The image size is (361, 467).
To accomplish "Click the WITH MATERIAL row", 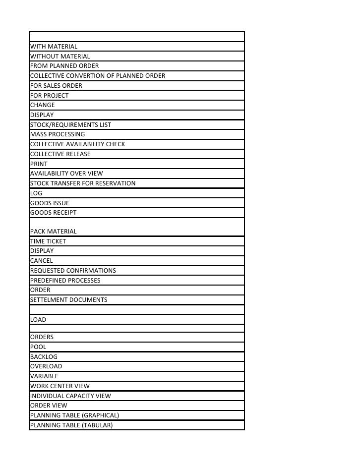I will pyautogui.click(x=54, y=47).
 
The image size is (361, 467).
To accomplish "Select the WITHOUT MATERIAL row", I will pyautogui.click(x=60, y=57).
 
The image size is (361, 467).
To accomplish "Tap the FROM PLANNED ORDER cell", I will pyautogui.click(x=64, y=66).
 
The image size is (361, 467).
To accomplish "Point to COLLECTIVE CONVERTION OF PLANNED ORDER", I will pyautogui.click(x=98, y=76).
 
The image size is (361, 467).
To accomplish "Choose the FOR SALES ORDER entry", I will pyautogui.click(x=56, y=86).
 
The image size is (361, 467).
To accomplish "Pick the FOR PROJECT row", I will pyautogui.click(x=49, y=96).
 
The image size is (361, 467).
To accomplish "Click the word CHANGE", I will pyautogui.click(x=43, y=105).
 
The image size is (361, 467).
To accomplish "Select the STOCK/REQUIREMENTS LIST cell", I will pyautogui.click(x=70, y=125).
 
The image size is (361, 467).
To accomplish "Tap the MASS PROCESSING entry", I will pyautogui.click(x=58, y=134).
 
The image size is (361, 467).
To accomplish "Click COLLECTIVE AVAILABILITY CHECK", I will pyautogui.click(x=77, y=144).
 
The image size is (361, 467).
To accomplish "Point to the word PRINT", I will pyautogui.click(x=39, y=164).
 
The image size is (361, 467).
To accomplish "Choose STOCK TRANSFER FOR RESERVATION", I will pyautogui.click(x=83, y=183).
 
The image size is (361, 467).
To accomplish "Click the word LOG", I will pyautogui.click(x=36, y=193).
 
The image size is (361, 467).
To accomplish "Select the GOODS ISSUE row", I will pyautogui.click(x=50, y=203).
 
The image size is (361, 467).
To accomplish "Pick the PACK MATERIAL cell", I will pyautogui.click(x=54, y=232).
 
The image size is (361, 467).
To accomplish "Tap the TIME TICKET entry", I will pyautogui.click(x=48, y=241).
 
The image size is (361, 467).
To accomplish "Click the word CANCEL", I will pyautogui.click(x=41, y=261).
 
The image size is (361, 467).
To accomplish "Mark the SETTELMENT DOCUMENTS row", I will pyautogui.click(x=68, y=300).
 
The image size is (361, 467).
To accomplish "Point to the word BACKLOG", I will pyautogui.click(x=44, y=357).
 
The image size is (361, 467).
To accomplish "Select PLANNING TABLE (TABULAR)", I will pyautogui.click(x=71, y=425).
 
